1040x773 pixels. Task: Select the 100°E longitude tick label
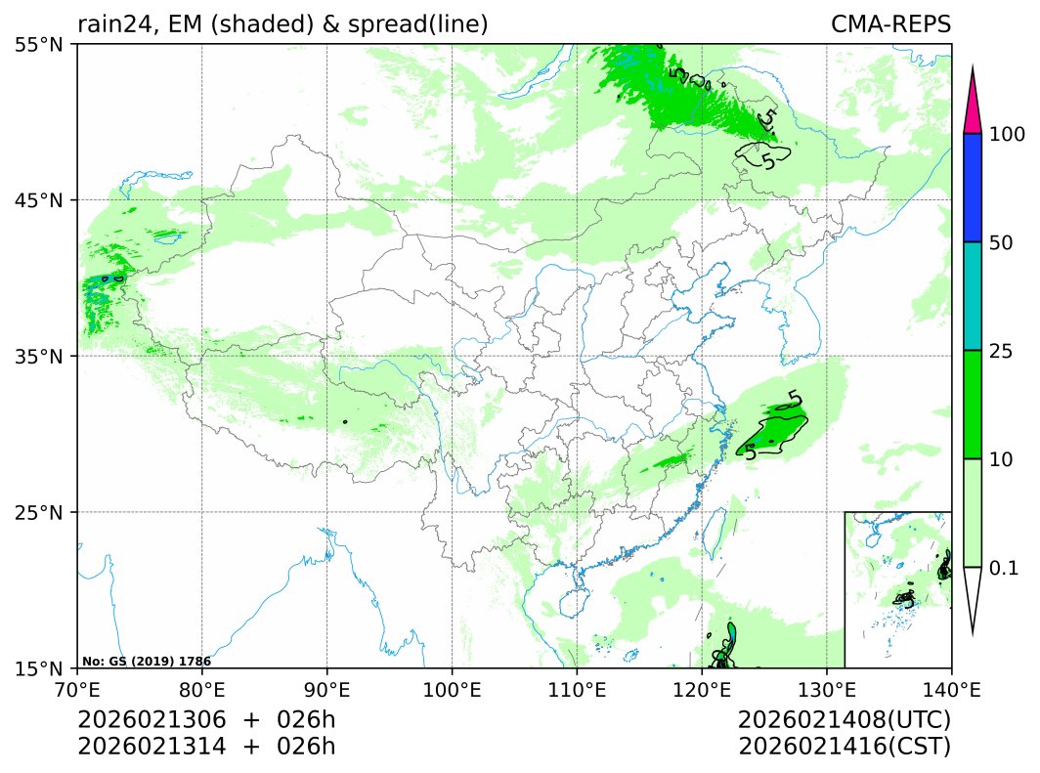(x=452, y=689)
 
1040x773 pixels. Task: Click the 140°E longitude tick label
(x=951, y=689)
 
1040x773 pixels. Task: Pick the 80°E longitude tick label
(x=202, y=689)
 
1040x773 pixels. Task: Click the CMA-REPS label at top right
(x=890, y=24)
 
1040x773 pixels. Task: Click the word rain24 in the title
(x=108, y=24)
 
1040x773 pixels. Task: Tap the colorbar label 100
(x=1008, y=134)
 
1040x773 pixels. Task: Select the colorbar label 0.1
(x=1004, y=568)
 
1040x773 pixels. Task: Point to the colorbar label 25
(x=1002, y=351)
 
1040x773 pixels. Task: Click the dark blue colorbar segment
(x=973, y=188)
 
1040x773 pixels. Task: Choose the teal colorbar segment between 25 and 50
(x=973, y=296)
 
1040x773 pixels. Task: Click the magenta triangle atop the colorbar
(x=973, y=106)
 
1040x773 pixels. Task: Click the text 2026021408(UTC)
(x=845, y=720)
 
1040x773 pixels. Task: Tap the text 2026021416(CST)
(x=845, y=747)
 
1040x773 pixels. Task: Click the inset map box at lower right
(x=897, y=588)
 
